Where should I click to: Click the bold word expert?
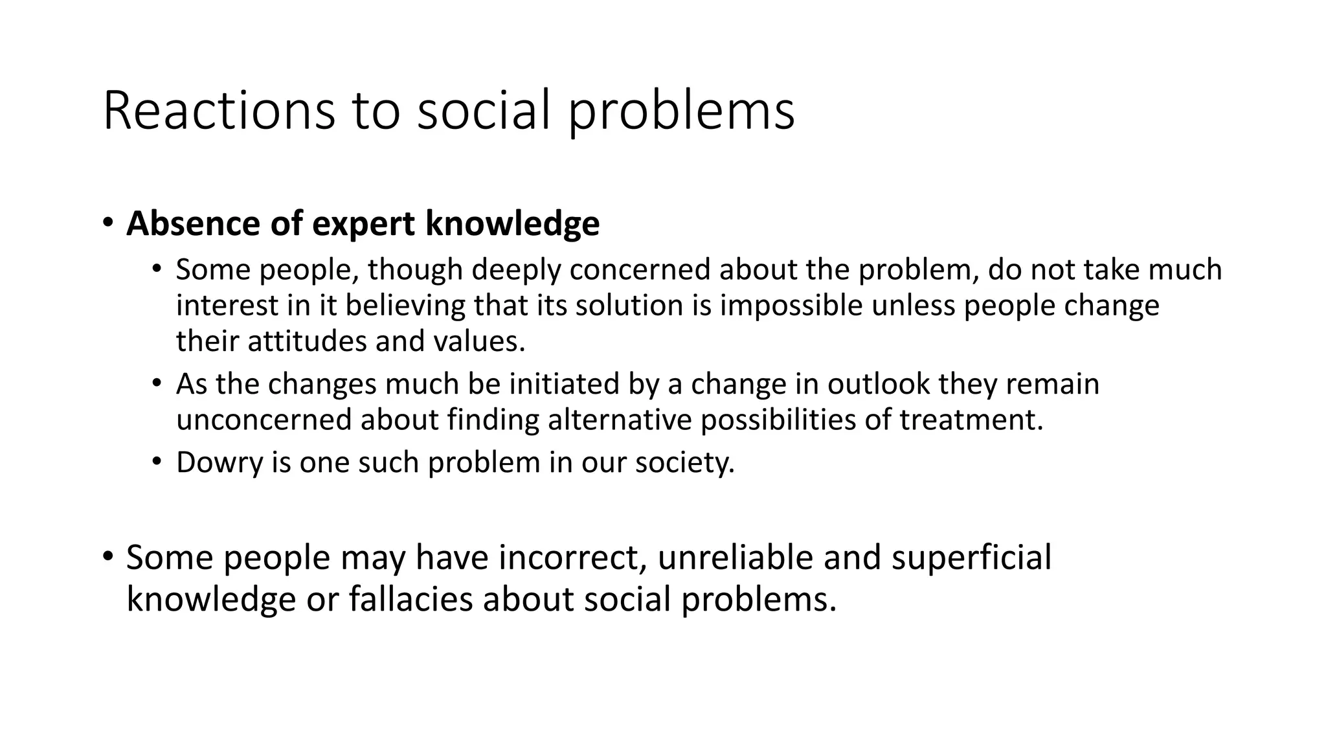363,225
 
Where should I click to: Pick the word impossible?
791,306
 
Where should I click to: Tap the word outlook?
879,383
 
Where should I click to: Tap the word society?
684,463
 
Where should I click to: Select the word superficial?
971,558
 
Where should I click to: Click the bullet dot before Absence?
107,223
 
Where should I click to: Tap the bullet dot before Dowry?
156,462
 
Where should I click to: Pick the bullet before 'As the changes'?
156,383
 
